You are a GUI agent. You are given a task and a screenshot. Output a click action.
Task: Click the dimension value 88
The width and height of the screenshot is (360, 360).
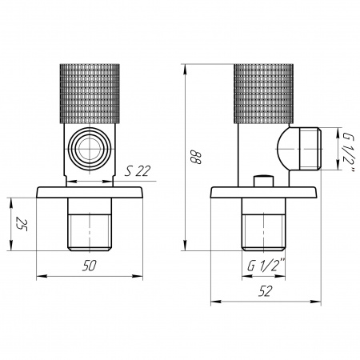point(197,158)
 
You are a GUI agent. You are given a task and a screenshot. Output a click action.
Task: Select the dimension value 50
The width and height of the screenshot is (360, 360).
point(89,266)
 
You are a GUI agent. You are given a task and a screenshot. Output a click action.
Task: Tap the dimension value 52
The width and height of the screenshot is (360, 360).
point(266,291)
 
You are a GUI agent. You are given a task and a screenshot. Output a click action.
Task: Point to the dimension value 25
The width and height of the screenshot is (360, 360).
point(22,224)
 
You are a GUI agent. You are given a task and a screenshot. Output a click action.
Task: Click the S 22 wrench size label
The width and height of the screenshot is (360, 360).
point(138,171)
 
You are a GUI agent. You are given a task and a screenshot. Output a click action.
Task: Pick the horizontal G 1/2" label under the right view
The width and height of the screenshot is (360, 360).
point(266,265)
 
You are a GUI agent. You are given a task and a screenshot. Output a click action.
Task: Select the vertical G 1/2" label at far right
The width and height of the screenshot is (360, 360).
point(348,154)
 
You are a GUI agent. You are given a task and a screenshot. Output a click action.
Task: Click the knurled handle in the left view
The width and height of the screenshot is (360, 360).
point(90,94)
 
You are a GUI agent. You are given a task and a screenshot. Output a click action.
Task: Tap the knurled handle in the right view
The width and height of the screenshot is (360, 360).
point(264,94)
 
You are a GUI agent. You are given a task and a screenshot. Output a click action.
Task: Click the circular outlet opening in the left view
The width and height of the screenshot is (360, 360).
point(90,148)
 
